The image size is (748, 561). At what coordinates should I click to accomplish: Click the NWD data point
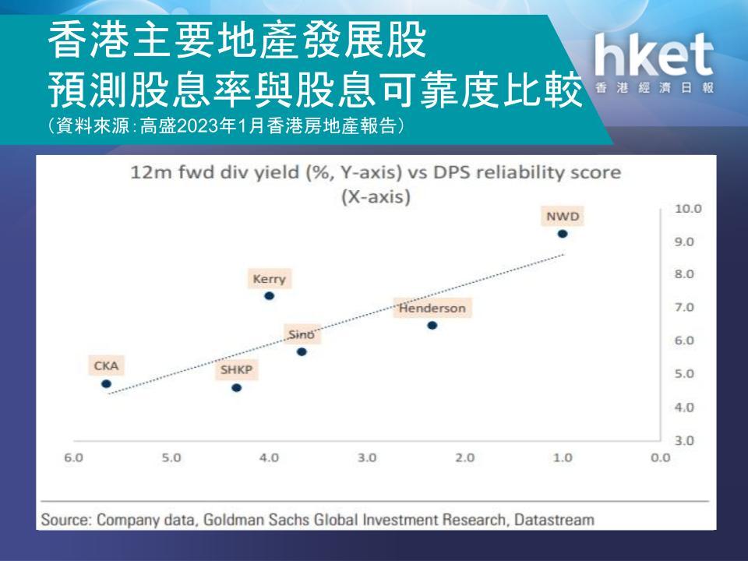[563, 234]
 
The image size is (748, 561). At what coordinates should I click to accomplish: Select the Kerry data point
[269, 296]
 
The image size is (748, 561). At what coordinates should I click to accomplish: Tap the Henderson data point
[432, 326]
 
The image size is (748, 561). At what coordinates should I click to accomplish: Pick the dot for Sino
[302, 352]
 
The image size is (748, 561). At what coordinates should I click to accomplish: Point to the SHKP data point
[237, 388]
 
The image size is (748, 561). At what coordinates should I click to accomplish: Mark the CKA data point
[107, 384]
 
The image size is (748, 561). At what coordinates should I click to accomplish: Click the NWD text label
[563, 217]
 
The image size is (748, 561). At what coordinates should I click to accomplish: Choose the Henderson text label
[432, 309]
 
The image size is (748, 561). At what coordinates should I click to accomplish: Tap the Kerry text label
[269, 279]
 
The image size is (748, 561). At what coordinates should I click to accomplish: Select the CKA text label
[106, 366]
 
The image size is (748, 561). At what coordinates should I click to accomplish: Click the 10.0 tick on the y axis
[688, 209]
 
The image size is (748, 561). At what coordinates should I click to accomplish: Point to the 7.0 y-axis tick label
[684, 307]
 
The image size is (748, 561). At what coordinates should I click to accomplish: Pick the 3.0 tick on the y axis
[684, 440]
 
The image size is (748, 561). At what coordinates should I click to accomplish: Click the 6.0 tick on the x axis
[73, 458]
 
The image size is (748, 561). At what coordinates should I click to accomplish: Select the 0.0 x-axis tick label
[661, 458]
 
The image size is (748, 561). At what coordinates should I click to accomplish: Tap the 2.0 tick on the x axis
[464, 458]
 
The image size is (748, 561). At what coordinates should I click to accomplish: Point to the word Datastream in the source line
[554, 520]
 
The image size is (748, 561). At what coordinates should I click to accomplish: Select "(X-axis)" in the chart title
[376, 196]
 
